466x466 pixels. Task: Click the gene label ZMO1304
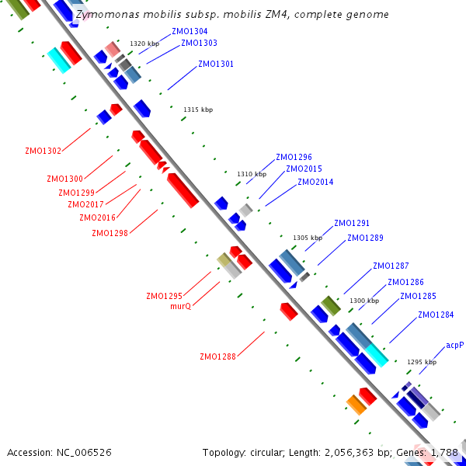(x=190, y=31)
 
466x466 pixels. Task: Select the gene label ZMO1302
(x=43, y=151)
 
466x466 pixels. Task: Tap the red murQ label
(x=180, y=306)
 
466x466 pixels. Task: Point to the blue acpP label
(x=454, y=345)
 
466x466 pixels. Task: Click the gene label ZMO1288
(x=217, y=357)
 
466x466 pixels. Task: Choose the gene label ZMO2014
(x=315, y=182)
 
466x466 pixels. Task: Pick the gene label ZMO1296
(x=294, y=157)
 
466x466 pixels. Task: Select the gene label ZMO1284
(x=436, y=315)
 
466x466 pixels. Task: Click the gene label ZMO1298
(x=110, y=233)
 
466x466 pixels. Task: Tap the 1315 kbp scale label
(x=197, y=110)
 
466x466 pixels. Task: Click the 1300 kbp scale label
(x=364, y=301)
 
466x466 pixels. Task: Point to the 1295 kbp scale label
(x=422, y=362)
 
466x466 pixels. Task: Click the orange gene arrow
(x=356, y=405)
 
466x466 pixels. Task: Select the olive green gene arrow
(x=331, y=305)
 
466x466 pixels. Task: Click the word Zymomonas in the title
(x=105, y=15)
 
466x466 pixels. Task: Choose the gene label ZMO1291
(x=352, y=223)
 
